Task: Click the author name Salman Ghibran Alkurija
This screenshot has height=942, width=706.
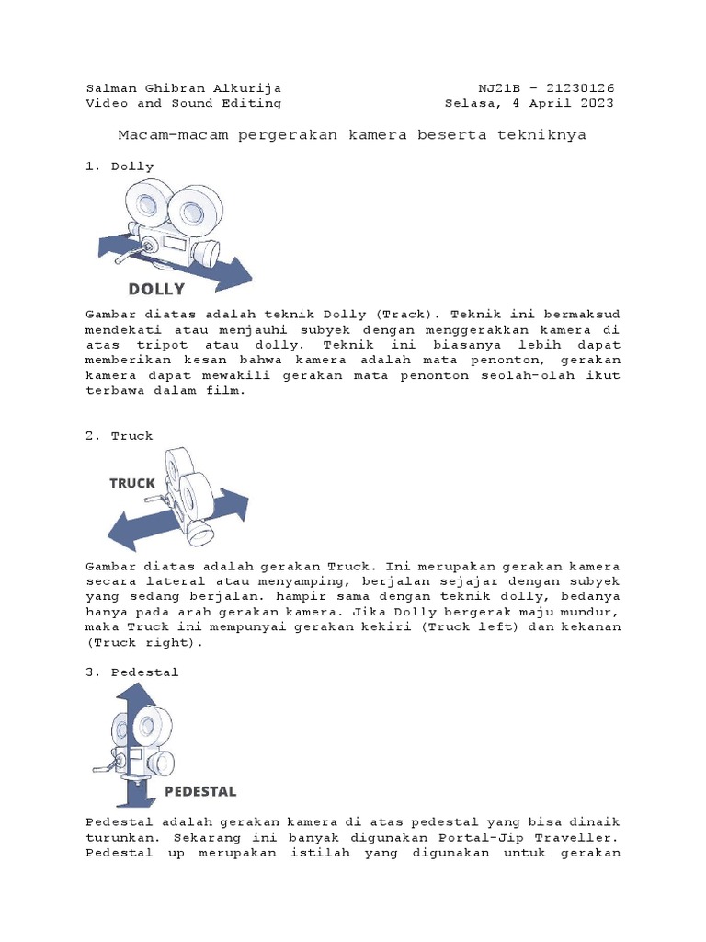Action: pos(183,88)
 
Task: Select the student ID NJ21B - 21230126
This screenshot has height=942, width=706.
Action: pos(546,88)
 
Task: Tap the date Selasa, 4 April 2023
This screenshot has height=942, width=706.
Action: pos(529,103)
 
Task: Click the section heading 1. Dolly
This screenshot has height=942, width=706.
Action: pos(120,167)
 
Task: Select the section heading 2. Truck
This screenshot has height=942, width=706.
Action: pos(120,436)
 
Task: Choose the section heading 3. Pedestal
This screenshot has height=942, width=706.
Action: pos(131,672)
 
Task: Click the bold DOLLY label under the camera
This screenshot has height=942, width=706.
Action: pos(156,289)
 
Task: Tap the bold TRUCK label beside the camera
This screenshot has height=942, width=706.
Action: pos(132,483)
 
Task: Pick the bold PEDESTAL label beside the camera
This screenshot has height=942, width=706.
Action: pos(200,791)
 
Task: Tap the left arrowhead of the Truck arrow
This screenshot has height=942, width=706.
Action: pos(120,534)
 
